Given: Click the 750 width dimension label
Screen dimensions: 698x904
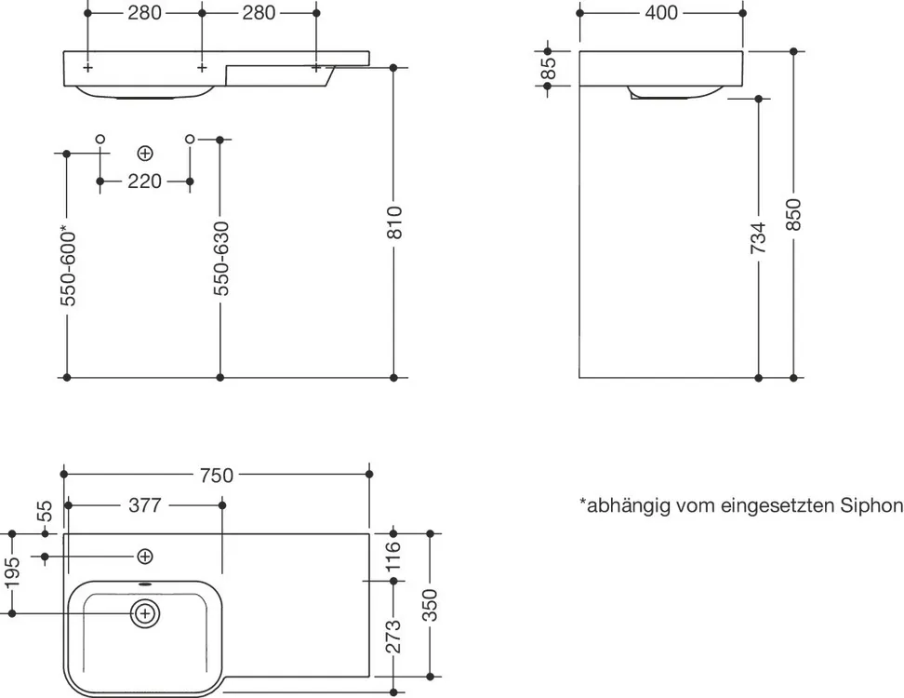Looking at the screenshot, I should click(x=216, y=475).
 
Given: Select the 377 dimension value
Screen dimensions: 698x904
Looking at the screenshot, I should click(x=145, y=505).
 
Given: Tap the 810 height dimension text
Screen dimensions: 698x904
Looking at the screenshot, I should click(x=394, y=222).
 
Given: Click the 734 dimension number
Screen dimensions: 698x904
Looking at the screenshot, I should click(x=759, y=237).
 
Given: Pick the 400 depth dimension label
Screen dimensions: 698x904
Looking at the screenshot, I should click(x=661, y=13).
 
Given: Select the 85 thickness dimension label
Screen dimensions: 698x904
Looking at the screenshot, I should click(x=548, y=69).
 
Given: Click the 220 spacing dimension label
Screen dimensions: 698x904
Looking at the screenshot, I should click(x=144, y=181).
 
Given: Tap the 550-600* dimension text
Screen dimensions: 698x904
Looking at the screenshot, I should click(x=67, y=265).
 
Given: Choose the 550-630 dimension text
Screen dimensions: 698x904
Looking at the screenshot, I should click(x=220, y=259).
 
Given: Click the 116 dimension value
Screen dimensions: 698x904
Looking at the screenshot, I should click(x=393, y=557).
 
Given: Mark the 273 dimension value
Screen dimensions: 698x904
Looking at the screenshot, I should click(x=393, y=638).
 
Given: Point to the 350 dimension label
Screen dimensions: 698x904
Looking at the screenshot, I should click(x=430, y=606).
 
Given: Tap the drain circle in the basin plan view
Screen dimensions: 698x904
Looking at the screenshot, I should click(x=145, y=613).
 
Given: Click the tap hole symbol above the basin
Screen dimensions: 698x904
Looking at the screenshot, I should click(x=145, y=557).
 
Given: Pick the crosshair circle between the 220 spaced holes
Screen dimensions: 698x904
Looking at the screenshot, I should click(x=145, y=152).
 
